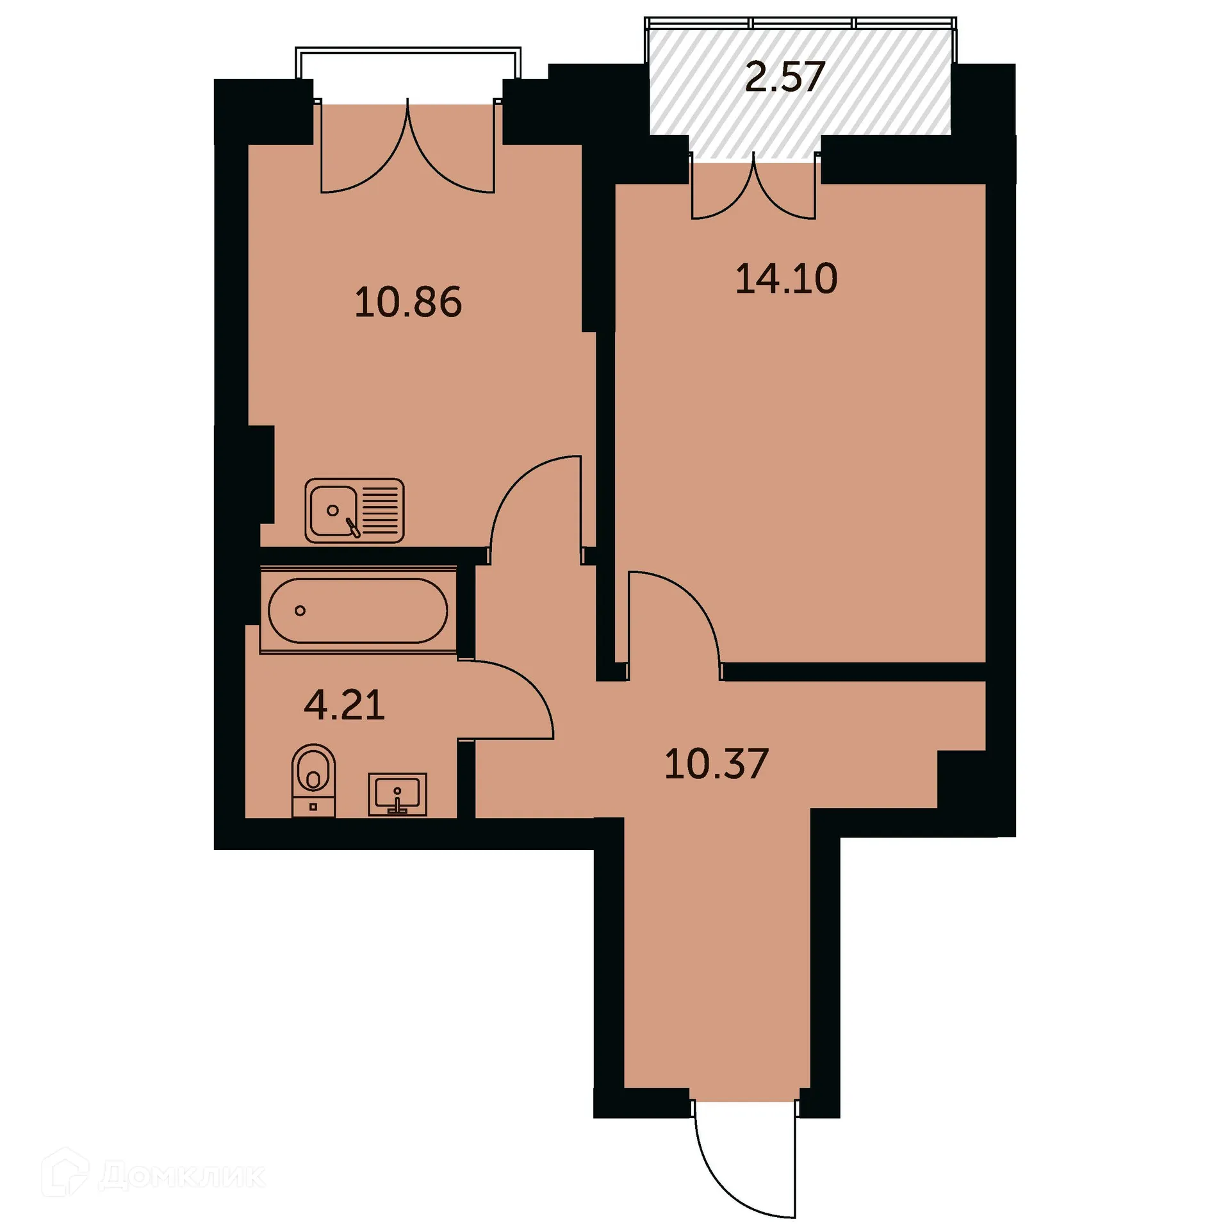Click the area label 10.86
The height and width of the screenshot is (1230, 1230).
click(408, 302)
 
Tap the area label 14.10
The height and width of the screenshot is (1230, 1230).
click(786, 279)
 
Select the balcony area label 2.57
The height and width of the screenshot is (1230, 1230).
click(784, 77)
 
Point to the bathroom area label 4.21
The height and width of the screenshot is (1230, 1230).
click(344, 705)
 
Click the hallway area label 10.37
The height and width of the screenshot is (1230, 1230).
click(716, 764)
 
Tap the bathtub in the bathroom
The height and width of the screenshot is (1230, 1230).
click(358, 611)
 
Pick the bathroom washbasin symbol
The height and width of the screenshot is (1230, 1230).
click(397, 794)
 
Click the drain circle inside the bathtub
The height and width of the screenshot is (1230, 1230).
click(300, 611)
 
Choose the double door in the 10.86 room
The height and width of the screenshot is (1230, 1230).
click(408, 160)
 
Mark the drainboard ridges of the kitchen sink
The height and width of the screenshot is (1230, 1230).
click(382, 511)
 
